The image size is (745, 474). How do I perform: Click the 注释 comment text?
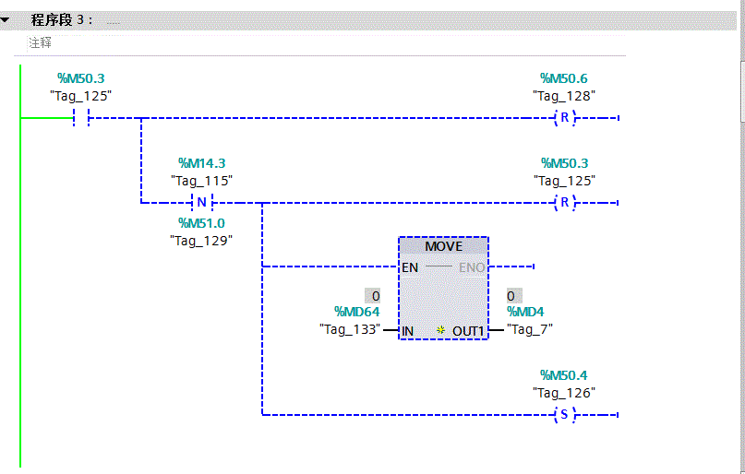click(x=40, y=42)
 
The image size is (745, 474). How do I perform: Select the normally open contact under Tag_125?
click(x=81, y=118)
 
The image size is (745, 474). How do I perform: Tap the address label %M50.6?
click(x=563, y=79)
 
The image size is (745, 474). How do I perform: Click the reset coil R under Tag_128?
click(x=563, y=118)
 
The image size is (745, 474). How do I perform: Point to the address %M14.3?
click(x=201, y=163)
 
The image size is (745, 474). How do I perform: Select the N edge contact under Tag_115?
click(x=201, y=203)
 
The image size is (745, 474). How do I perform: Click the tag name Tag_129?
click(x=201, y=240)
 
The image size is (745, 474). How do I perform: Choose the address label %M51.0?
click(x=201, y=223)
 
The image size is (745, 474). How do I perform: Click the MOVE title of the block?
click(x=443, y=246)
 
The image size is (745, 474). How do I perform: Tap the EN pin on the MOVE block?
click(x=410, y=267)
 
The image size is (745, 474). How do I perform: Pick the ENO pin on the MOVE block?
click(x=471, y=267)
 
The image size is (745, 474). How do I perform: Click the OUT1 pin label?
click(x=468, y=330)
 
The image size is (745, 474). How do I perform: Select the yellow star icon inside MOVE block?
click(x=441, y=329)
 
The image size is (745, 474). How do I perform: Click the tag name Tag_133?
click(x=350, y=329)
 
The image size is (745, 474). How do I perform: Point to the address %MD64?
click(x=356, y=313)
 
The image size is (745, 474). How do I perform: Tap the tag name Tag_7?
click(x=531, y=329)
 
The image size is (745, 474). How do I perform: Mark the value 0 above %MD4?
click(x=511, y=296)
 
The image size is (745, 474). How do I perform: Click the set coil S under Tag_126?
click(x=563, y=415)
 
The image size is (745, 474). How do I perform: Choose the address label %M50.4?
click(x=563, y=375)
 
